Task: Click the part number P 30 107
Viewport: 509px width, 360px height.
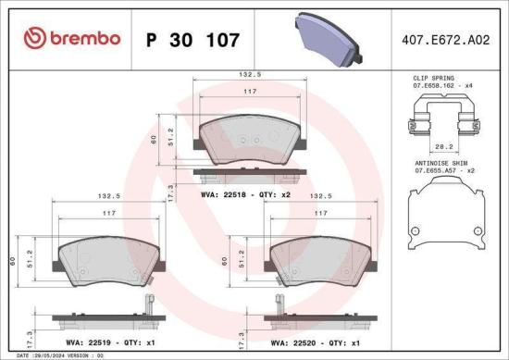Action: tap(193, 40)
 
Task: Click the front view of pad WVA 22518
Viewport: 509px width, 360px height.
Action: tap(244, 138)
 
